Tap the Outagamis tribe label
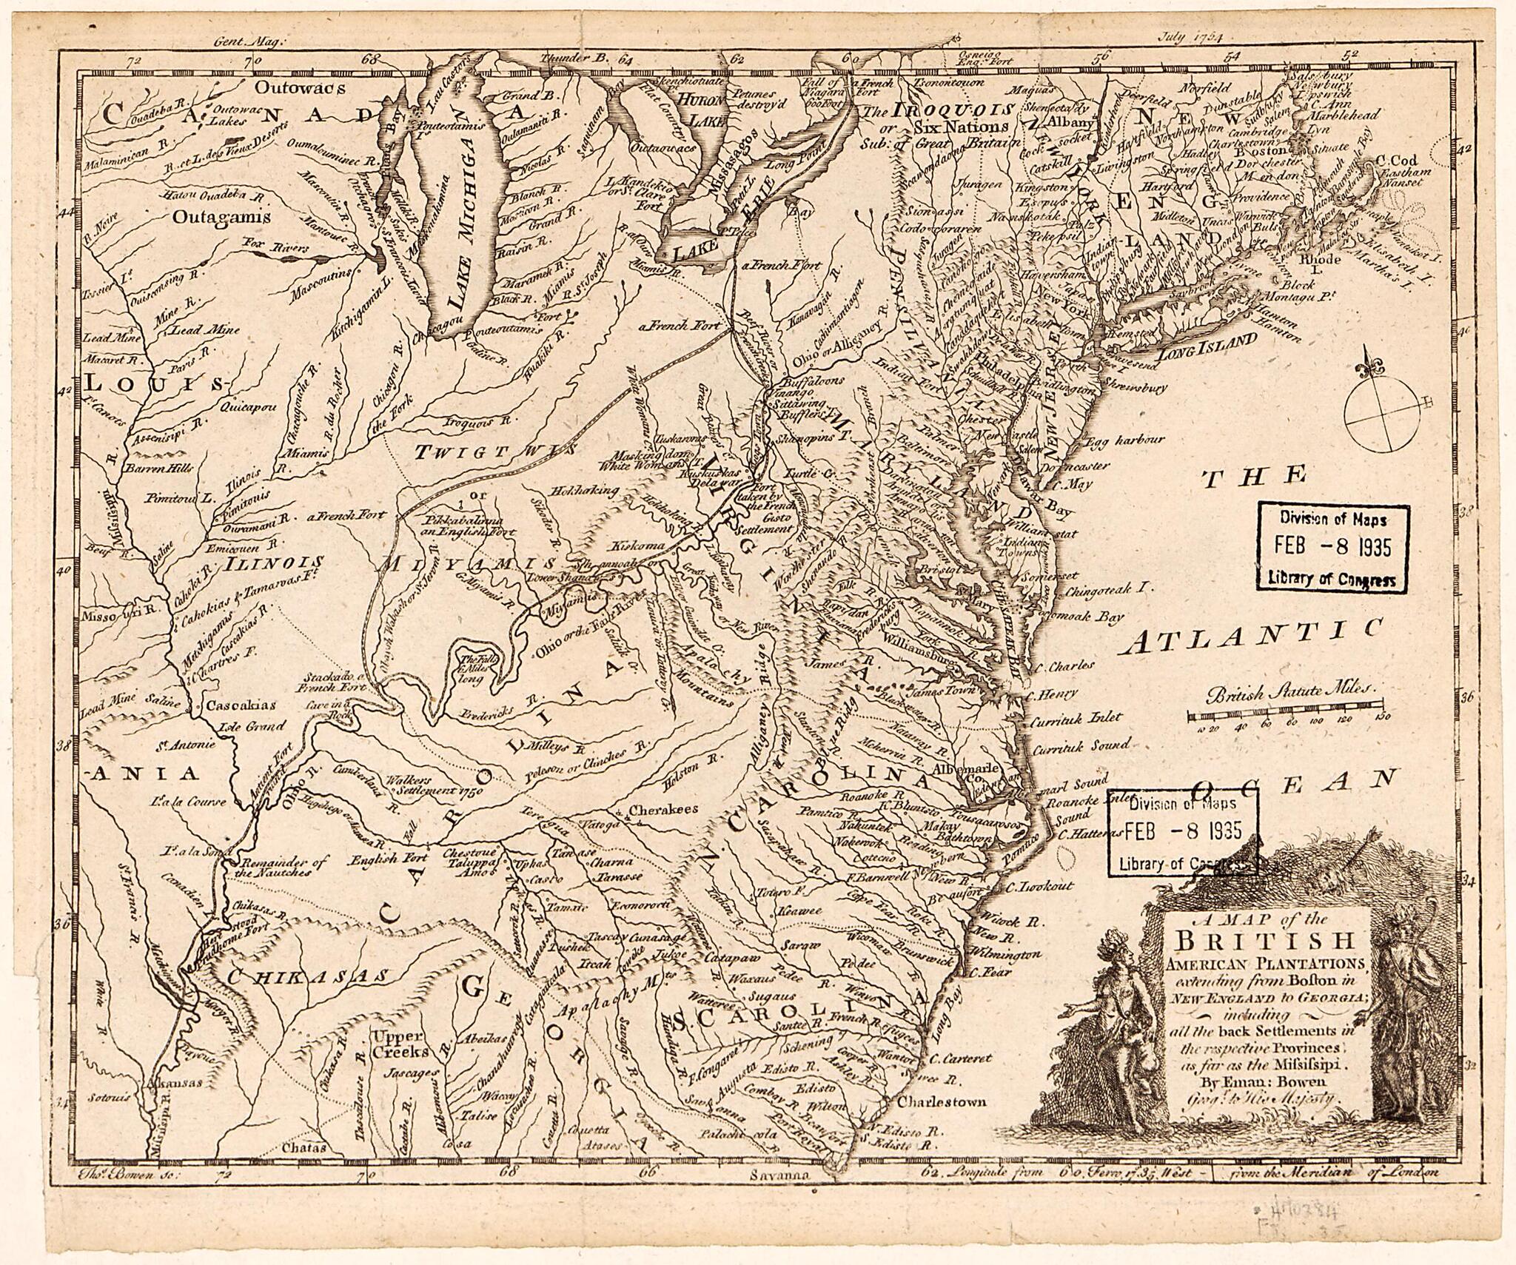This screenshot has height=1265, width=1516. tap(219, 217)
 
